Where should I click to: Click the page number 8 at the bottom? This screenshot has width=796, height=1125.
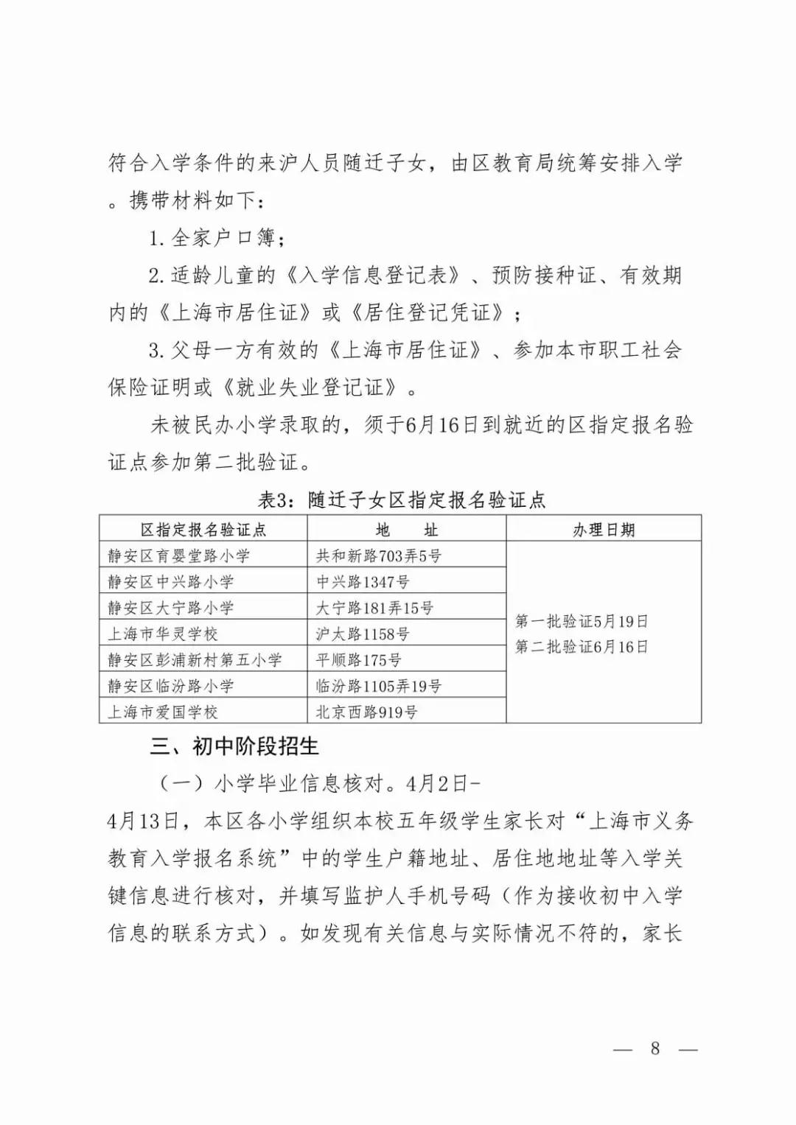point(654,1048)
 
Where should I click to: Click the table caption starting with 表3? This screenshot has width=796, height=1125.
point(401,500)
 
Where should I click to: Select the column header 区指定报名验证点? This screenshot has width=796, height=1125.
point(203,530)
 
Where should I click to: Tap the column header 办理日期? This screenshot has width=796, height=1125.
point(604,530)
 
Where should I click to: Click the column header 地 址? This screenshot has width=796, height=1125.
point(406,530)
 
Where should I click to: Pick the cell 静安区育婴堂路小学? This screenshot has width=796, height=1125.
point(179,556)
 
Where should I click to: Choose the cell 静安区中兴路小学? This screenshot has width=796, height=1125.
point(171,581)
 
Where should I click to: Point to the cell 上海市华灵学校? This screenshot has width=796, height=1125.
point(163,634)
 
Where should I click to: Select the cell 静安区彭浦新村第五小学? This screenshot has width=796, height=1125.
point(195,659)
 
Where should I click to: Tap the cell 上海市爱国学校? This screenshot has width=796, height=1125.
point(163,712)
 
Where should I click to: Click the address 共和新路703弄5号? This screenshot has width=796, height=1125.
point(379,556)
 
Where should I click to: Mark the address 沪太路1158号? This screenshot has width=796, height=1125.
point(363,634)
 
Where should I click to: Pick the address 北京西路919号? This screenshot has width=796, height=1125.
point(366,712)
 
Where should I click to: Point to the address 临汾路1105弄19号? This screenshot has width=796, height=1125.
point(379,686)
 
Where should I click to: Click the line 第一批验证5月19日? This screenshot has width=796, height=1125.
point(582,621)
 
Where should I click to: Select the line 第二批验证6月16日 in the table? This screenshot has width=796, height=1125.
point(582,647)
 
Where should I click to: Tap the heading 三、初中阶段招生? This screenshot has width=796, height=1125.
point(234,746)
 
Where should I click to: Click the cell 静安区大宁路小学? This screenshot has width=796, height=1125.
point(171,608)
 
